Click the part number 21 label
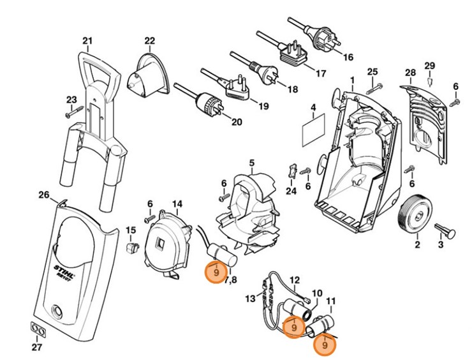(x=87, y=41)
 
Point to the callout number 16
(x=348, y=57)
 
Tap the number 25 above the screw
(x=373, y=71)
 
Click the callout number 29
(x=430, y=66)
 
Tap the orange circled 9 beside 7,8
(x=216, y=272)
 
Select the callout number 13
(x=251, y=298)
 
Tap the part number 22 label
(x=149, y=41)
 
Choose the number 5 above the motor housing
(x=251, y=163)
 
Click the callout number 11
(x=330, y=301)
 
